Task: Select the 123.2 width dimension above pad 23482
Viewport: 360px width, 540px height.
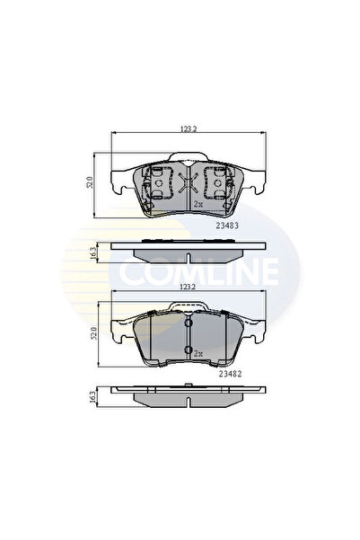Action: [x=188, y=288]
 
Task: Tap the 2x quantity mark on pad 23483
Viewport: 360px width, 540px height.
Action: [x=198, y=205]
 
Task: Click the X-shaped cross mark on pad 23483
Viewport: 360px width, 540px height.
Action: [x=188, y=184]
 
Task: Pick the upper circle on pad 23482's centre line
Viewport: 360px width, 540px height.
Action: [x=188, y=323]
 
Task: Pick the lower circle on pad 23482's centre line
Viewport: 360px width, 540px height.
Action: [x=188, y=350]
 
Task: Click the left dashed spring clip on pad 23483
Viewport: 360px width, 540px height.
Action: [x=158, y=183]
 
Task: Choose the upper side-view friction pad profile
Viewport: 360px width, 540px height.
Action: [x=188, y=252]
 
